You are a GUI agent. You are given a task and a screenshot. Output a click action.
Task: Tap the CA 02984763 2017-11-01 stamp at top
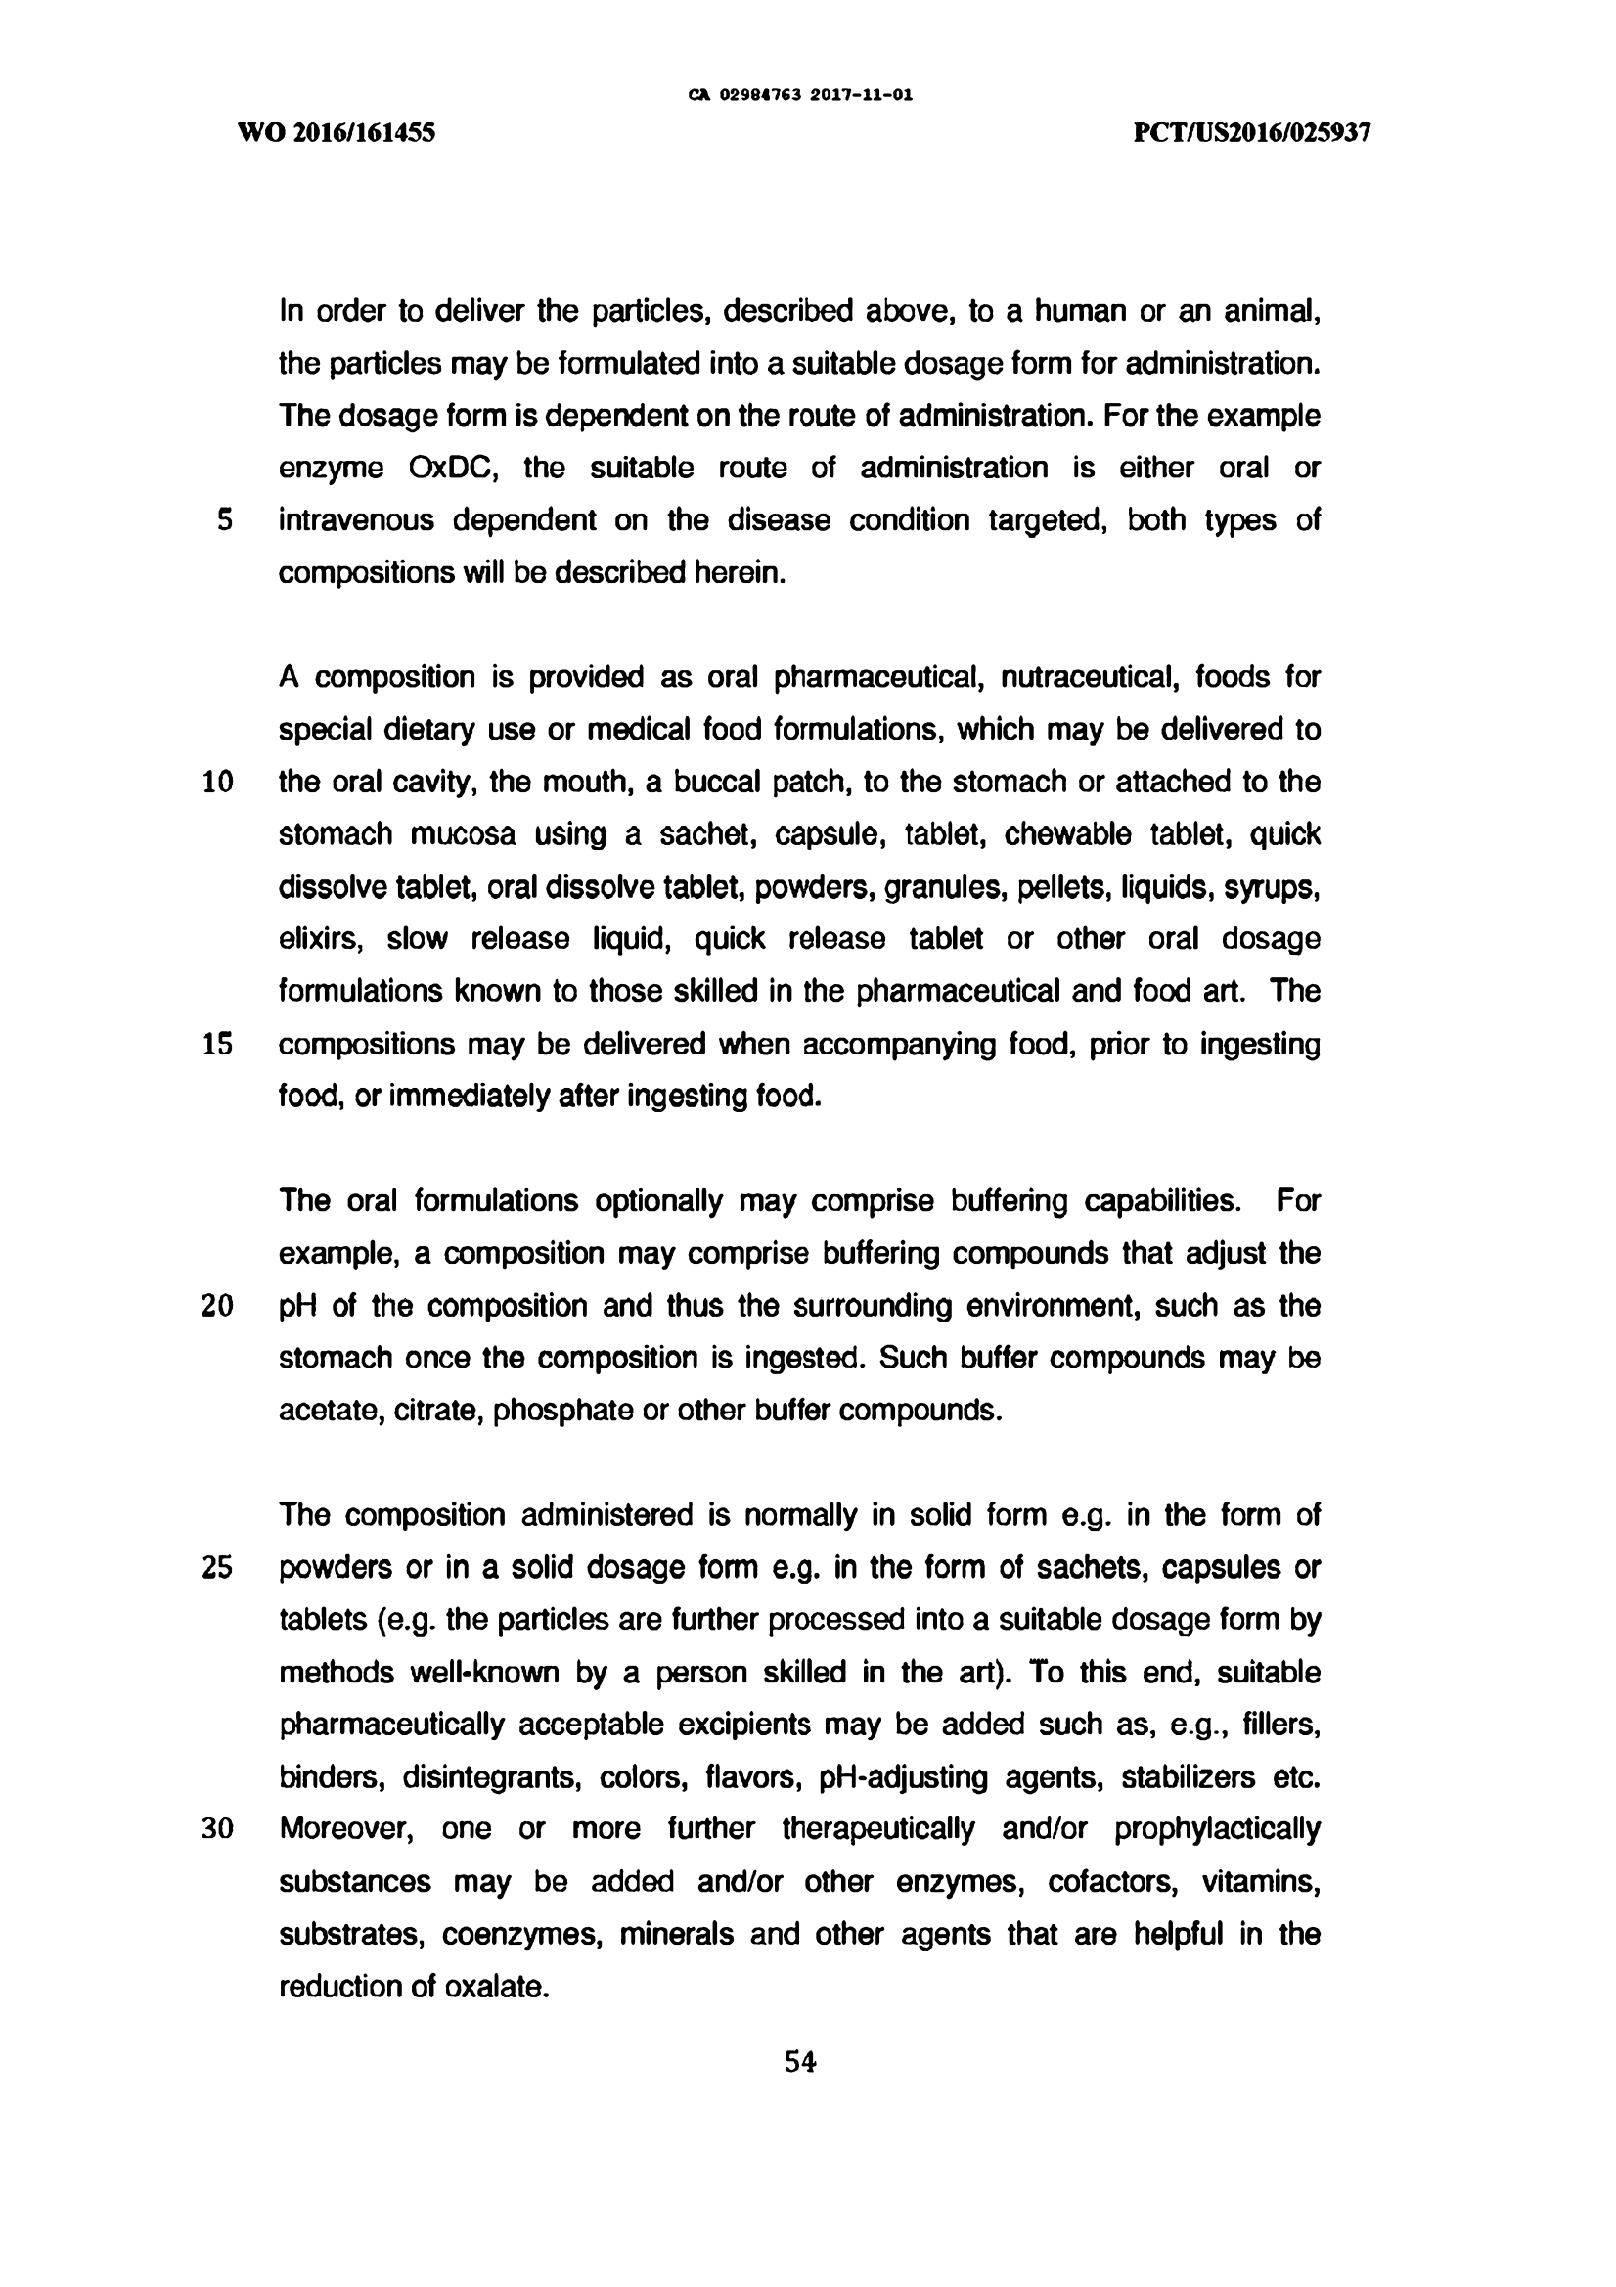point(801,96)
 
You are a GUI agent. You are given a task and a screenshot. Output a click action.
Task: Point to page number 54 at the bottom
point(800,2062)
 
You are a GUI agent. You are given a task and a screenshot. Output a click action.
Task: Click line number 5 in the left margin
point(225,520)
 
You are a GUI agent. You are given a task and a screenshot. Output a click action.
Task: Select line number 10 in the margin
point(217,782)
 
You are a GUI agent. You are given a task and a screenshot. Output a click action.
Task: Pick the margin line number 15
point(217,1044)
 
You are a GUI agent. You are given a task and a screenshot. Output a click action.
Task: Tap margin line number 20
point(217,1306)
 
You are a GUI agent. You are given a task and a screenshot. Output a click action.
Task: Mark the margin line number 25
point(217,1568)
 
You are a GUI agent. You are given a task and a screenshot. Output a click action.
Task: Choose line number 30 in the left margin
point(217,1830)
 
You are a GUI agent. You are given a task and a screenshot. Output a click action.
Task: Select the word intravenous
point(356,520)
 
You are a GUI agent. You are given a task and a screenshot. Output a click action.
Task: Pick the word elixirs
point(320,939)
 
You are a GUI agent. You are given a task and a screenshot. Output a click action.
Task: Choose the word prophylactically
point(1217,1830)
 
